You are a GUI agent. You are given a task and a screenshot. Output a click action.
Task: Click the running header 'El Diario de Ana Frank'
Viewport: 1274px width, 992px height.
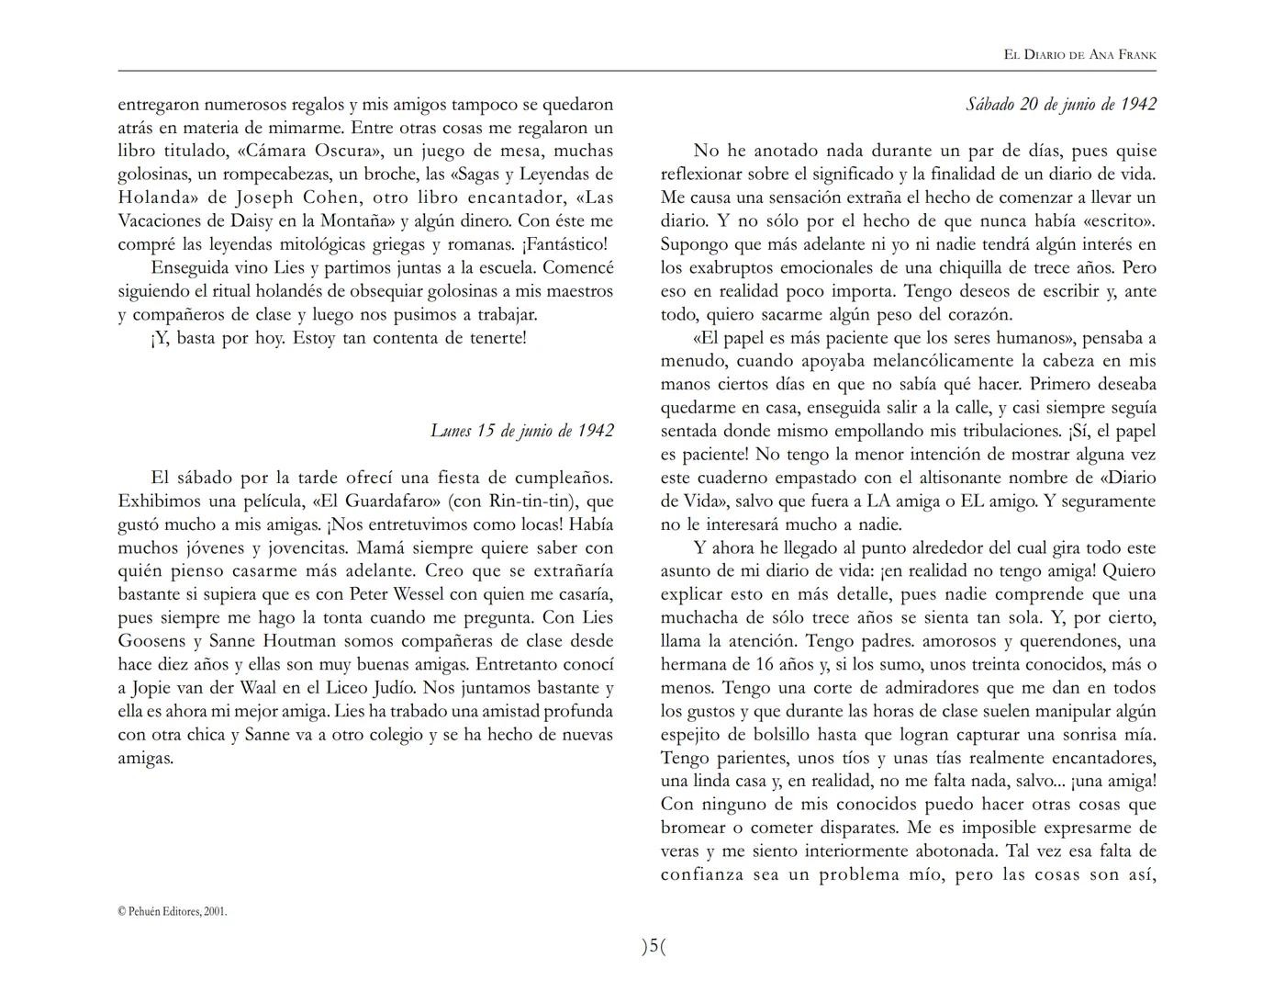tap(1079, 54)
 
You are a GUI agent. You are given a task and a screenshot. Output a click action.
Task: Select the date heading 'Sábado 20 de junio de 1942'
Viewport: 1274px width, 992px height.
tap(1060, 104)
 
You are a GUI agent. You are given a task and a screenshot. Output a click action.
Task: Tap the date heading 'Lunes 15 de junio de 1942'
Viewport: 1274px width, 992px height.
tap(521, 431)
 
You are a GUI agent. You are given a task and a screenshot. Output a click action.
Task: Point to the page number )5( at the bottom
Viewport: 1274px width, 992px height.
tap(653, 946)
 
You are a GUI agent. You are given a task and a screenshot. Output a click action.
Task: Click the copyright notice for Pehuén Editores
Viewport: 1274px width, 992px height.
tap(173, 911)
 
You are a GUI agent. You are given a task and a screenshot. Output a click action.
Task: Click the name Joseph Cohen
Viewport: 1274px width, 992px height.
tap(293, 197)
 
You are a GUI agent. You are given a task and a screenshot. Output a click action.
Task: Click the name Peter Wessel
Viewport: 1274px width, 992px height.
tap(400, 594)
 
